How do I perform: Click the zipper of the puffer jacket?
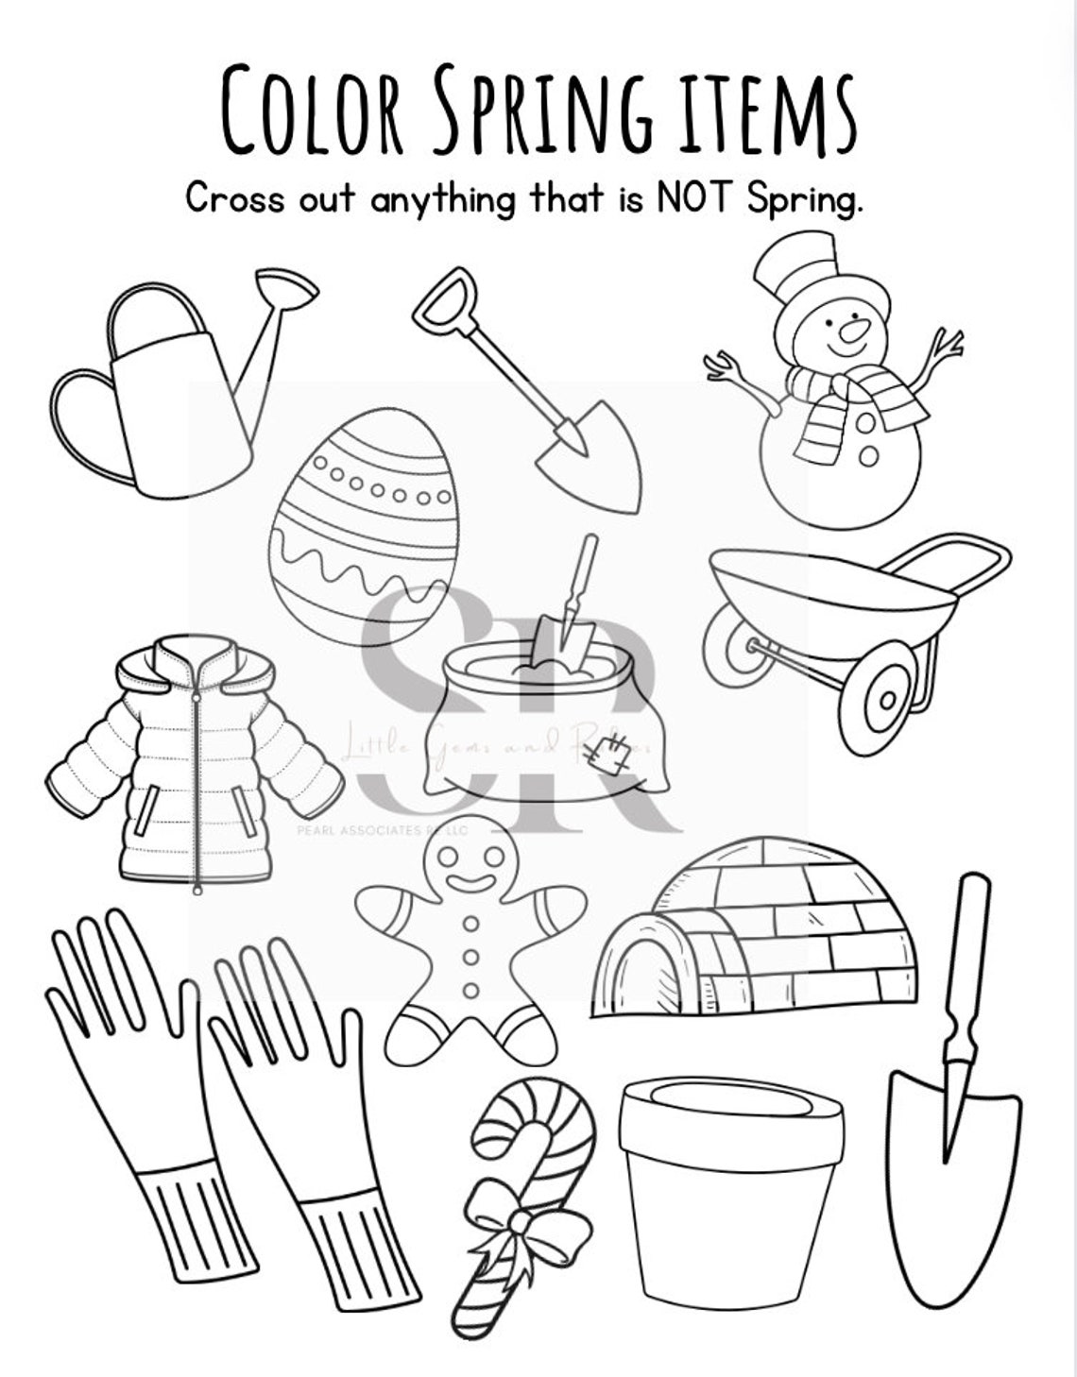pyautogui.click(x=197, y=784)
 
